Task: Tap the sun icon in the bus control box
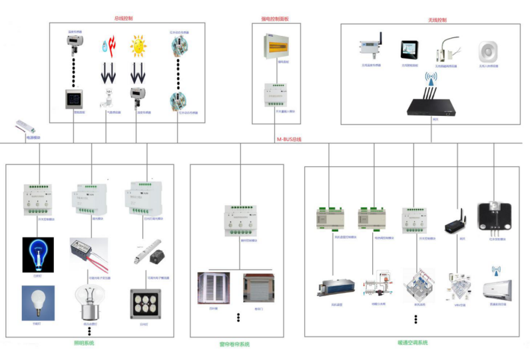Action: [138, 47]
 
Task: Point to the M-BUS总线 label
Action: [289, 138]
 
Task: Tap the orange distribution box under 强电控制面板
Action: [276, 46]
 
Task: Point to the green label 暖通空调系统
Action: [412, 343]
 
